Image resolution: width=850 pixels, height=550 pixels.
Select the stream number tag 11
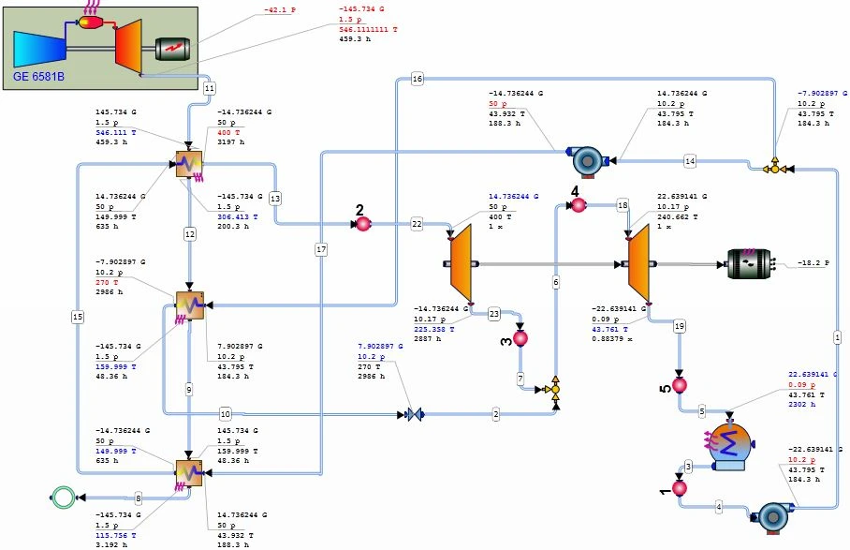[210, 87]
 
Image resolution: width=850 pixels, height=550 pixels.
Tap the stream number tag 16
[417, 81]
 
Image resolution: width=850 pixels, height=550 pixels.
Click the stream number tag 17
[321, 250]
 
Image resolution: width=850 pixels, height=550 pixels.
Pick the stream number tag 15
[78, 318]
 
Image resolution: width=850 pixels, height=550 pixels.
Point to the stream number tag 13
[274, 199]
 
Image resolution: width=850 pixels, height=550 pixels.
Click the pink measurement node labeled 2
[362, 225]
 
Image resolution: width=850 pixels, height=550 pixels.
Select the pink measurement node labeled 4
[578, 204]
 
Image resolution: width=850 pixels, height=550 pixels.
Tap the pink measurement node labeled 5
[681, 384]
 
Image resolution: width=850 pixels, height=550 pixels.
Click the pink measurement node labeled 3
[521, 338]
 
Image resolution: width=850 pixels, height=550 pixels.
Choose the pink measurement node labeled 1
[681, 488]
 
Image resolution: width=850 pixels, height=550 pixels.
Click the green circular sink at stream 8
[63, 498]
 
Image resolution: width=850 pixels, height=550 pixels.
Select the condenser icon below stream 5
[726, 445]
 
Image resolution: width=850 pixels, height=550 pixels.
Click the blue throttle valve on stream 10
[413, 413]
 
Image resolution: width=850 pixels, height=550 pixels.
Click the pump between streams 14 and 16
[588, 161]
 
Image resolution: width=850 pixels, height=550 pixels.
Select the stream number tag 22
[417, 225]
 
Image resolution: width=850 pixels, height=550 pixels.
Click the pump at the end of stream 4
[773, 515]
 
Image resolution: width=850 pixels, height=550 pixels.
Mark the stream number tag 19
[680, 326]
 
